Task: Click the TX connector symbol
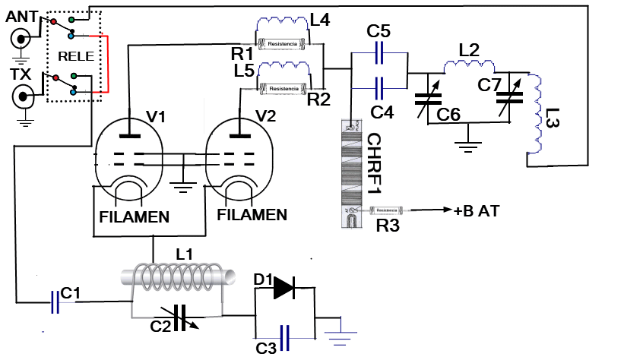[24, 97]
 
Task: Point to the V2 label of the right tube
[266, 116]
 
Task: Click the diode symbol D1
[286, 288]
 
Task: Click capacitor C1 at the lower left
[54, 302]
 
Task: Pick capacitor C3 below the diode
[285, 336]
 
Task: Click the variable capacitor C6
[427, 99]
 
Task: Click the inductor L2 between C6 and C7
[470, 68]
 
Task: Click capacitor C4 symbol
[380, 86]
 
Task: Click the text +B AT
[477, 210]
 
